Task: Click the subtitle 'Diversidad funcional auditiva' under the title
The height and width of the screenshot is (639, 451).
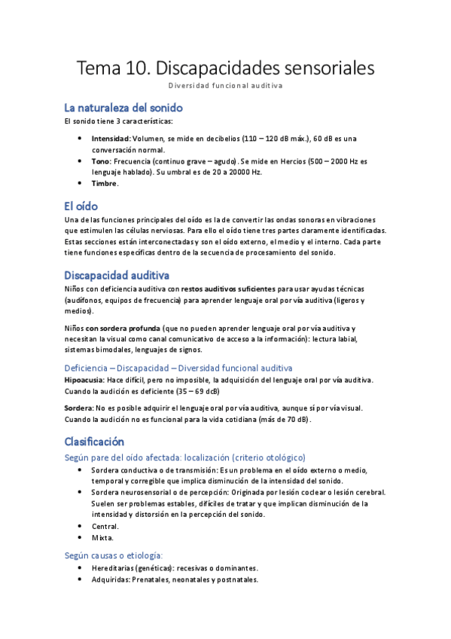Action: tap(225, 87)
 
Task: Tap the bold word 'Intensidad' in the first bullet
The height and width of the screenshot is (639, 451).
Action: tap(111, 139)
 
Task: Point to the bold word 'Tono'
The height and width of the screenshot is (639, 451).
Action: tap(101, 161)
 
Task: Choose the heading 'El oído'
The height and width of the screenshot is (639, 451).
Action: tap(81, 206)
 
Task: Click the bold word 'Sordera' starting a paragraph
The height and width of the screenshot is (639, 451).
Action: tap(78, 408)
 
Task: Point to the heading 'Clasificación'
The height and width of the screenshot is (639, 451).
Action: tap(94, 441)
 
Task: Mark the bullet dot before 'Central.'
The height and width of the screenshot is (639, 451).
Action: tap(81, 526)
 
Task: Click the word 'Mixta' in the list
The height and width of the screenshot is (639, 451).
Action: tap(102, 537)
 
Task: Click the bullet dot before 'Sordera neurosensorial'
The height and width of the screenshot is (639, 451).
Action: tap(81, 492)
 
